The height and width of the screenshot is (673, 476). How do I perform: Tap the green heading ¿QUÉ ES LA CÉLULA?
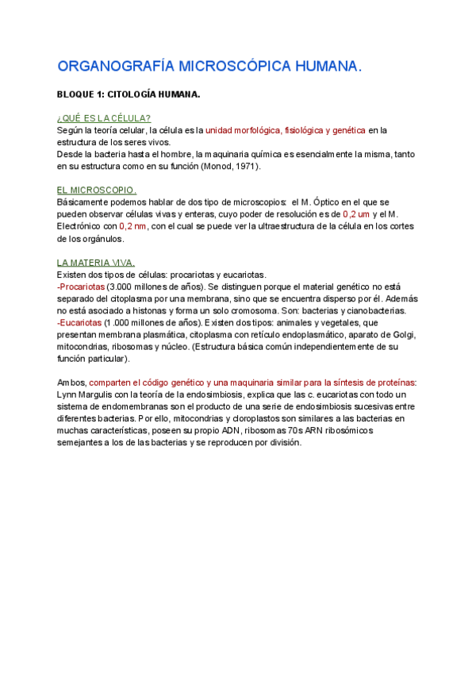(x=104, y=117)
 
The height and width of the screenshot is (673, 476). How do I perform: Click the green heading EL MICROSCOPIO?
(x=97, y=190)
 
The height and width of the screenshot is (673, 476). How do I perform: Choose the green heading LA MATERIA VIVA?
(x=96, y=263)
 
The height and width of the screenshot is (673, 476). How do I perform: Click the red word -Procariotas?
(x=81, y=287)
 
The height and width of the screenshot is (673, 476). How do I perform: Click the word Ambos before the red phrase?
(x=72, y=383)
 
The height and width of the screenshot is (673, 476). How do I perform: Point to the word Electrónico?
(x=79, y=226)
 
